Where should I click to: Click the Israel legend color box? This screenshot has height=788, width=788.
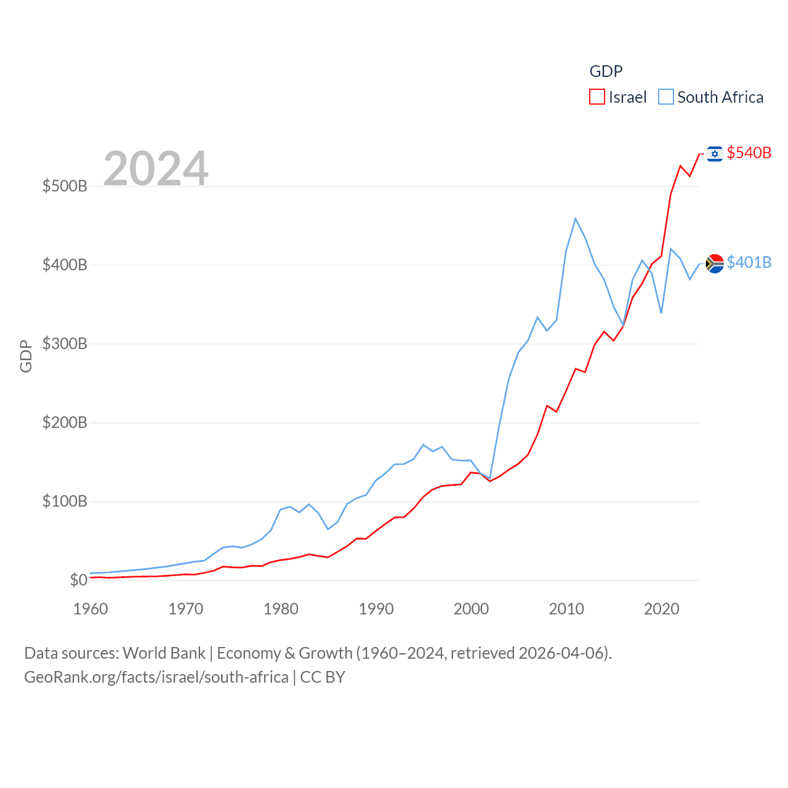point(597,97)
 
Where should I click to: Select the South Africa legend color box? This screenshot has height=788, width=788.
point(665,97)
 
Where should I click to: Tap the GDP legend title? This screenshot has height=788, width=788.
point(606,71)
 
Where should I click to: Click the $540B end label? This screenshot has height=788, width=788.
point(749,153)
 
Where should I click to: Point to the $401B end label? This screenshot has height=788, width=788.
point(749,262)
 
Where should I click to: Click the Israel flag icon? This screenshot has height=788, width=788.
point(715,153)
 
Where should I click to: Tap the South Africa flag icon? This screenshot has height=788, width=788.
point(715,263)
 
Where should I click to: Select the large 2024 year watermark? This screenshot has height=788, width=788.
point(156,168)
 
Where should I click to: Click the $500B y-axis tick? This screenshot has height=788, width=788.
point(65,186)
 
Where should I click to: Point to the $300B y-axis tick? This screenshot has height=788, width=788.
point(65,344)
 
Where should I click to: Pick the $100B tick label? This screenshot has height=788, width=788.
point(65,501)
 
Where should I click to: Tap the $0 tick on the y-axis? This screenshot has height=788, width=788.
point(78,580)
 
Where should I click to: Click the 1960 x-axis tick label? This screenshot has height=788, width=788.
point(90,609)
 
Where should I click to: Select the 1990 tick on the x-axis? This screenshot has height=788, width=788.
point(376,609)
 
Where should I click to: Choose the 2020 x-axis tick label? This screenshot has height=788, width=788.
point(661,609)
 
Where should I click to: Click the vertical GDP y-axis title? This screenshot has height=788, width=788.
point(26,356)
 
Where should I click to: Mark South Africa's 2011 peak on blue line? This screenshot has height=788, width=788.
point(576,219)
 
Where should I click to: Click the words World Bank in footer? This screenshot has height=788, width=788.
point(164,653)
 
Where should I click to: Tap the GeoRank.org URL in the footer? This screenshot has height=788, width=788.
point(156,677)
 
